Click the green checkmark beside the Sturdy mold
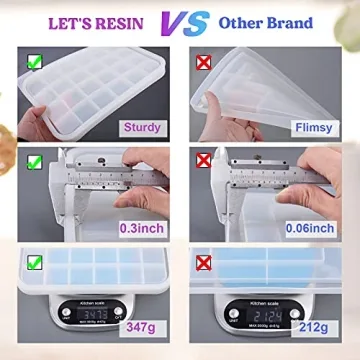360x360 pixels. (x=34, y=62)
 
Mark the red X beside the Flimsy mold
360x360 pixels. (x=206, y=62)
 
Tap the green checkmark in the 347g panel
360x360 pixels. (x=34, y=265)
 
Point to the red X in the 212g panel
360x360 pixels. (x=206, y=265)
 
